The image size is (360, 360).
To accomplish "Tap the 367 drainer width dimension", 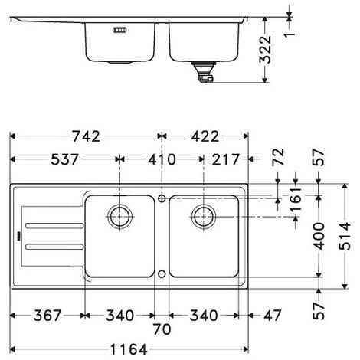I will [46, 316].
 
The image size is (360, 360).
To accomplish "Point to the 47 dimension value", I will [272, 316].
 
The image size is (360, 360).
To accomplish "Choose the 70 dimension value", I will [161, 331].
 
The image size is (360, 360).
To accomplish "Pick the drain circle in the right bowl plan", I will [204, 216].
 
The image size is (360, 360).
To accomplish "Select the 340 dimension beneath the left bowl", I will [119, 316].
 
